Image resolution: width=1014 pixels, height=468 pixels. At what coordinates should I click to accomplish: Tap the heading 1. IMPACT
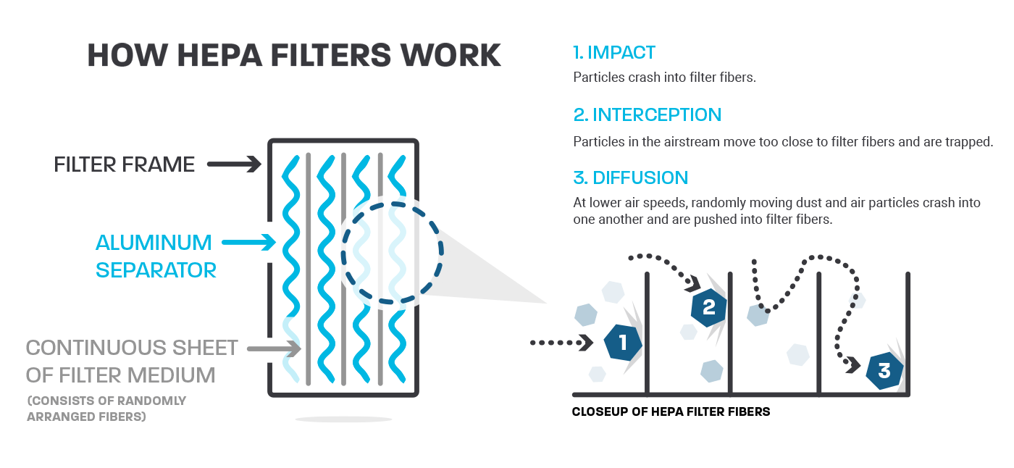614,52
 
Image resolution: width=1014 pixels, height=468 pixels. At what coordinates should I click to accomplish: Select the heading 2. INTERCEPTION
647,114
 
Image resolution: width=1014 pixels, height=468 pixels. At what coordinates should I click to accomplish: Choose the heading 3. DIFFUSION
630,177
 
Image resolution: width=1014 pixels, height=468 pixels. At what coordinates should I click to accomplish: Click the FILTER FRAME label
124,164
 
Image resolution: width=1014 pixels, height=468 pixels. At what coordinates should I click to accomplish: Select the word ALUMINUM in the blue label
154,243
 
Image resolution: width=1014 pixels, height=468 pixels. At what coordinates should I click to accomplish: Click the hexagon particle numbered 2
708,307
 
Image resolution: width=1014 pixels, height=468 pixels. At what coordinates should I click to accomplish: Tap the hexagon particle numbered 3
884,371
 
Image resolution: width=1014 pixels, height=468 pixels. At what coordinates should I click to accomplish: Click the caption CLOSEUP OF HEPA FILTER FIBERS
671,412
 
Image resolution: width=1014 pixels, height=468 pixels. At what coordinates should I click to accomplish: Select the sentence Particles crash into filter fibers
664,77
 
